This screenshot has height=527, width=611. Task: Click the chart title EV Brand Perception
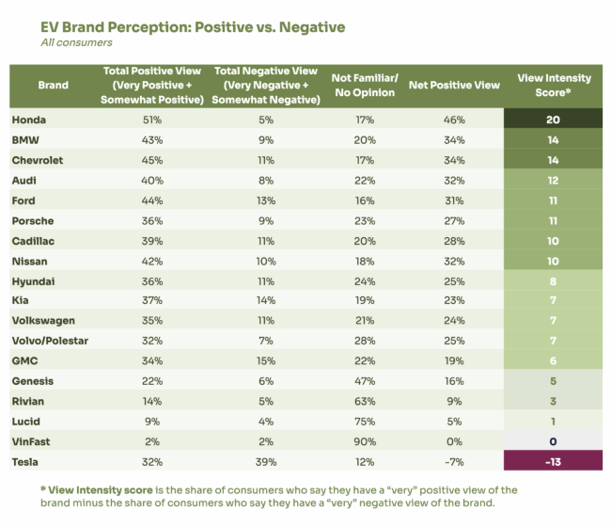coord(179,25)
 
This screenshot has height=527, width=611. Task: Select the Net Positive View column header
coord(454,85)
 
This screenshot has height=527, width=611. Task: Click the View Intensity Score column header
coord(552,85)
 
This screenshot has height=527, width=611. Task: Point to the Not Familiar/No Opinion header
coord(365,85)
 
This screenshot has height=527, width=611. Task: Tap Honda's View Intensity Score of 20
coord(552,119)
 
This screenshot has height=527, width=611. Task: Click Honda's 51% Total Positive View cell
coord(152,119)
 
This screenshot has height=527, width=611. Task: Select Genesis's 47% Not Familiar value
coord(365,380)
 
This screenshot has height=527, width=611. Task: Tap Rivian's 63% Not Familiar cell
coord(365,400)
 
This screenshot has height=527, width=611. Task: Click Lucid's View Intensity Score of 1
coord(552,421)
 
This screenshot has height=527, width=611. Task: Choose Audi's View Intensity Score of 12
coord(552,179)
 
